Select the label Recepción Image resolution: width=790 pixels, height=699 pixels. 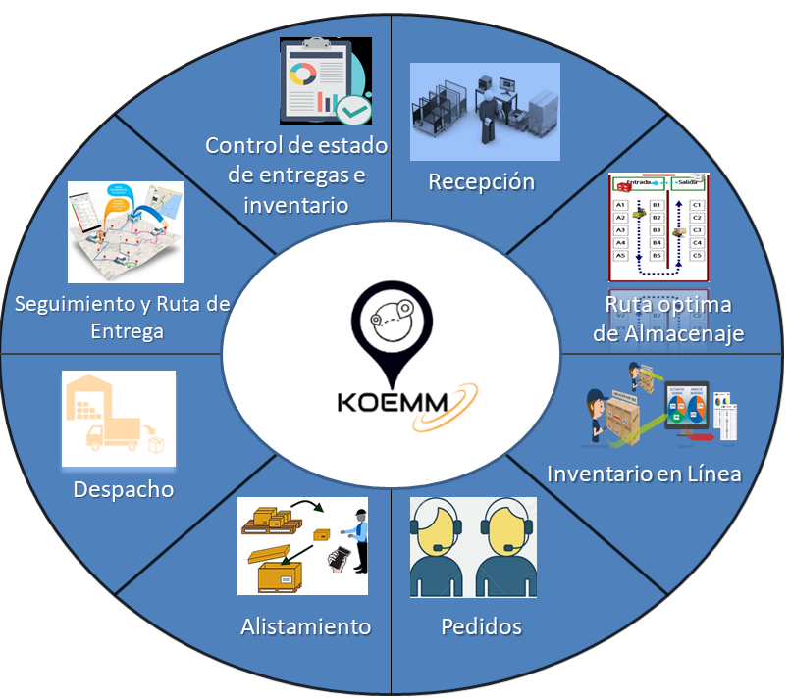(x=481, y=181)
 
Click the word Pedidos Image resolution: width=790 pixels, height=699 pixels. (x=481, y=625)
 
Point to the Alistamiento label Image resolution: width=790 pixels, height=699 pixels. (x=305, y=625)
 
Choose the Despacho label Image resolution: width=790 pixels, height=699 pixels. (x=123, y=488)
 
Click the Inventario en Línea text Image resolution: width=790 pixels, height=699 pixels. (x=644, y=474)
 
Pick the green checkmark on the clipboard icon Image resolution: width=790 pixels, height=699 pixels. (x=351, y=109)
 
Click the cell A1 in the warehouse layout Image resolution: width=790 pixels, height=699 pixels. (x=620, y=205)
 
